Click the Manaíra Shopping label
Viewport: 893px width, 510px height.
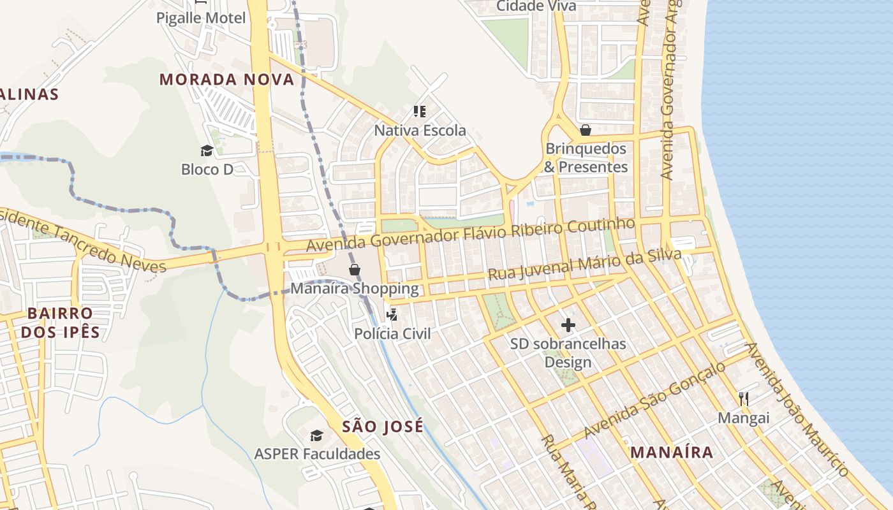[355, 288]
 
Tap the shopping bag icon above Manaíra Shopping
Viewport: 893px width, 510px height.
[355, 270]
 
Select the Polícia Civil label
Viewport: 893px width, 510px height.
[392, 333]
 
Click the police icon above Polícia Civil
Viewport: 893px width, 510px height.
[392, 314]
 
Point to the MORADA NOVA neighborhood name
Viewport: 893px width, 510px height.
[226, 80]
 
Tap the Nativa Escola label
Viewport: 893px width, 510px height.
[420, 131]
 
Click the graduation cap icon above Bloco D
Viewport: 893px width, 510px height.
[207, 150]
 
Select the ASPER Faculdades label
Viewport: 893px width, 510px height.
[317, 454]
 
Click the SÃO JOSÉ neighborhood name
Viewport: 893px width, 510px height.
[383, 426]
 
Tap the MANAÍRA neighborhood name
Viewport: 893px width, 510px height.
[672, 453]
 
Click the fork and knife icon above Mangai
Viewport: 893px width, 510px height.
[744, 399]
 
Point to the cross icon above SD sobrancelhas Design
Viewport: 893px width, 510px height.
[568, 325]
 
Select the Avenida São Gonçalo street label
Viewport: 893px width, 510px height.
[655, 400]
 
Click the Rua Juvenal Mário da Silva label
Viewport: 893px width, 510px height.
[584, 265]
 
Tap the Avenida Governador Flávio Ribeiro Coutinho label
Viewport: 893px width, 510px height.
[471, 235]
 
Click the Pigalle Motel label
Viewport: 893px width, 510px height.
[201, 18]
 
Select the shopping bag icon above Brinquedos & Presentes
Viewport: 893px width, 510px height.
[586, 130]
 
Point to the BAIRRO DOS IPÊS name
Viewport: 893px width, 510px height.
[61, 323]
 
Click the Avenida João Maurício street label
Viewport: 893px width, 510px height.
[797, 409]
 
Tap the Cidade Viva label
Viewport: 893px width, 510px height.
[536, 6]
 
